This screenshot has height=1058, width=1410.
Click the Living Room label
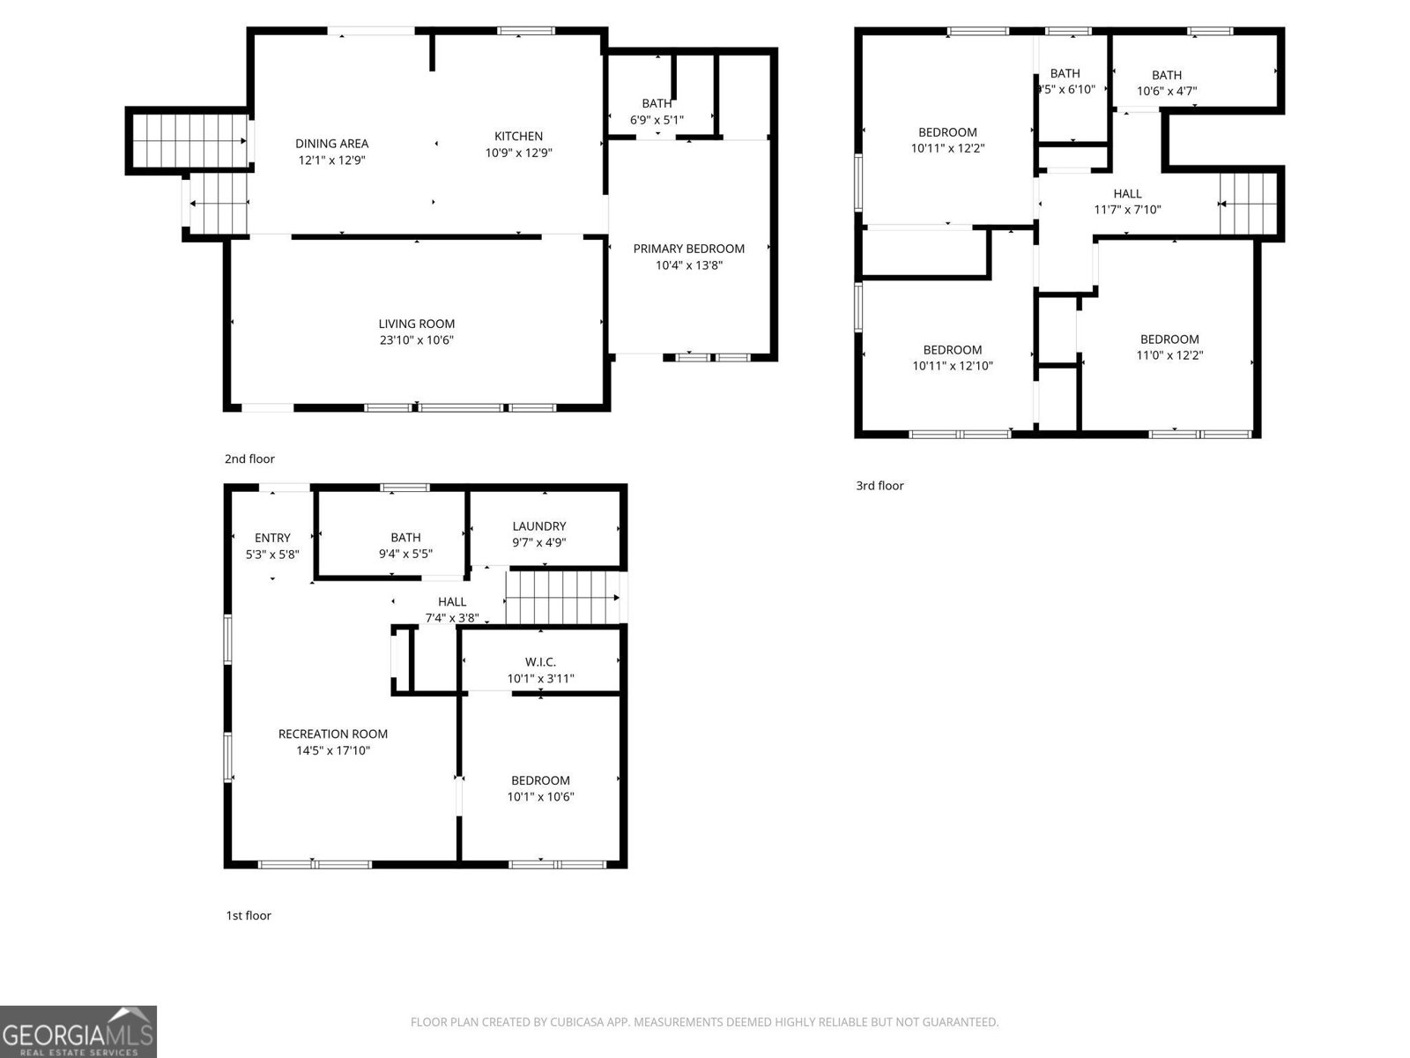[x=416, y=324]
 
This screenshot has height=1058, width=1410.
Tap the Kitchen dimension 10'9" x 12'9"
[x=518, y=153]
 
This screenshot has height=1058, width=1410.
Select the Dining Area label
[x=331, y=143]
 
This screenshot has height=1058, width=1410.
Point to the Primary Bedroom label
[x=688, y=249]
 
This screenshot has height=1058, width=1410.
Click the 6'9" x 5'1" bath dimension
[x=657, y=119]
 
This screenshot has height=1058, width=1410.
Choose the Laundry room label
[x=538, y=526]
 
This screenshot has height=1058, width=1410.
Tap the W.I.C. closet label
[x=540, y=661]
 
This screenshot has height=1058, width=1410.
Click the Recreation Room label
[x=332, y=734]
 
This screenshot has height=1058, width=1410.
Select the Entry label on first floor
[x=272, y=538]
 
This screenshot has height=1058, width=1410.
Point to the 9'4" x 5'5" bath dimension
[x=405, y=554]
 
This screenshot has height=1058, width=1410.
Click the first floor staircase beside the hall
[x=561, y=597]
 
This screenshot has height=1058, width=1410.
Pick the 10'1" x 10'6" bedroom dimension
[x=540, y=796]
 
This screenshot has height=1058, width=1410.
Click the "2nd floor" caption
[x=249, y=458]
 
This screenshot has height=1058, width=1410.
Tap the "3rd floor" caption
[x=879, y=485]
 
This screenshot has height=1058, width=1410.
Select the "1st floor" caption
[x=249, y=915]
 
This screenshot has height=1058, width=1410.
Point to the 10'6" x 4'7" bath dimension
[x=1166, y=91]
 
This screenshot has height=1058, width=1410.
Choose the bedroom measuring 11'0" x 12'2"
[x=1169, y=347]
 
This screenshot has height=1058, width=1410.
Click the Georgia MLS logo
[x=78, y=1032]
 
